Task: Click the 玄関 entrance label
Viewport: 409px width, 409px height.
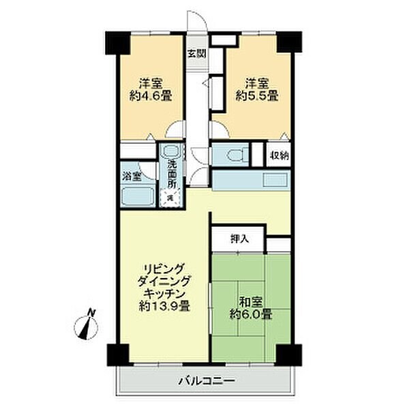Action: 196,53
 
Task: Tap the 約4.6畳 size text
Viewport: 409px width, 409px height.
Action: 151,97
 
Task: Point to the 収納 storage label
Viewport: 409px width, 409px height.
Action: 278,155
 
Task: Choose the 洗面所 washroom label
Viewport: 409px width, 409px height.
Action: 172,174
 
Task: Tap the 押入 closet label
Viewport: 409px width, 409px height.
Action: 239,239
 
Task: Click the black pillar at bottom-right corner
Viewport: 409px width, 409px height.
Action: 288,354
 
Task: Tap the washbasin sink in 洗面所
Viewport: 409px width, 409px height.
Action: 172,154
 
